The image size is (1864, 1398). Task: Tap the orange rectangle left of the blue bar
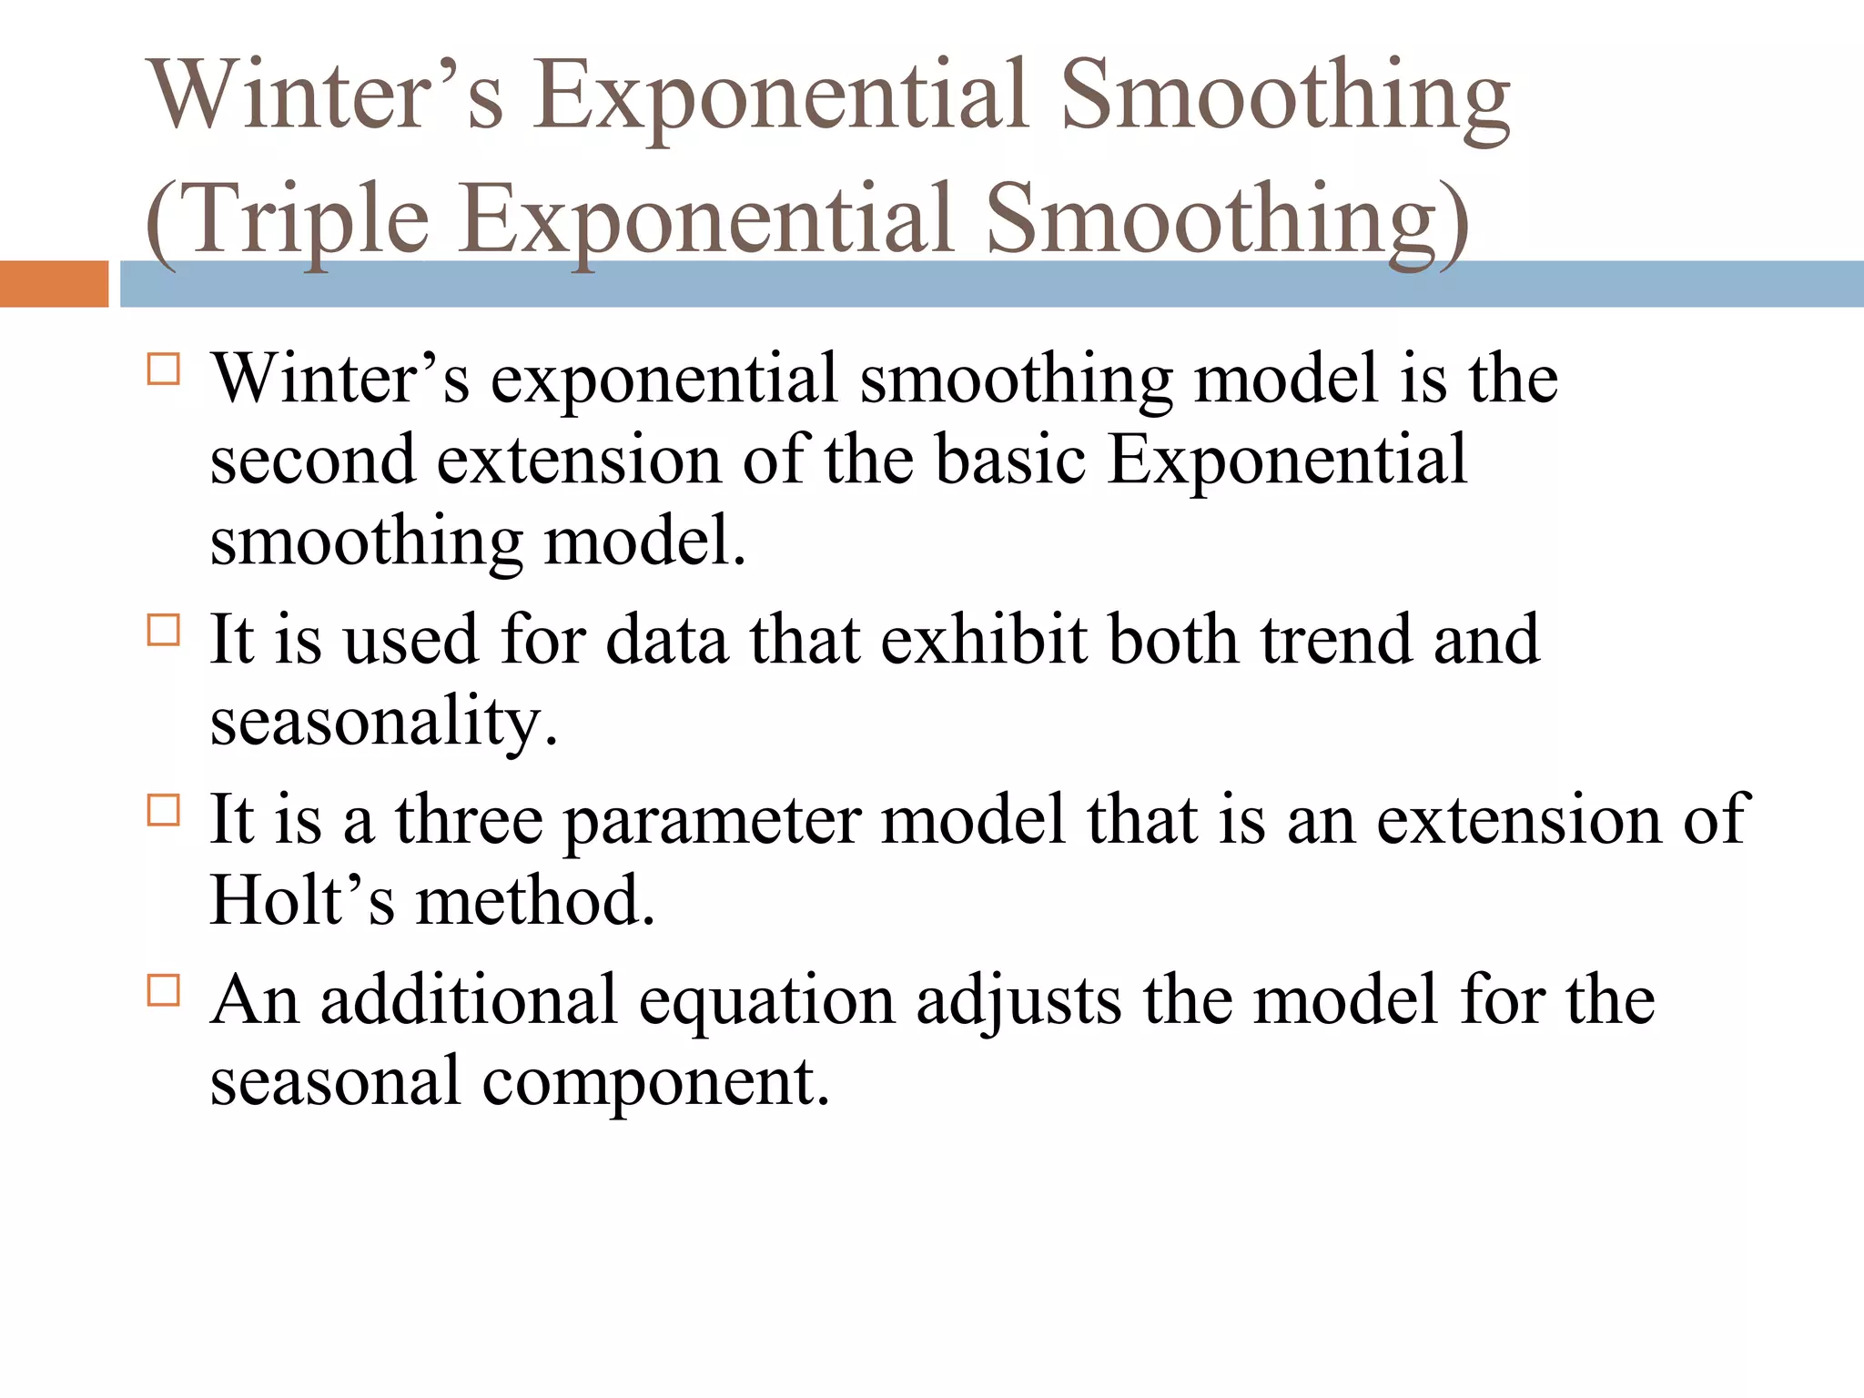tap(54, 284)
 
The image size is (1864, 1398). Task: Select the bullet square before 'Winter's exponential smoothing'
tap(164, 370)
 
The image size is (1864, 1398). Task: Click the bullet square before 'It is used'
tap(164, 630)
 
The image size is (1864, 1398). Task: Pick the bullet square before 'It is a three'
tap(164, 810)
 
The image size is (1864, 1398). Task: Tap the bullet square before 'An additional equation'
tap(164, 989)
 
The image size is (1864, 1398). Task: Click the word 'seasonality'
tap(383, 721)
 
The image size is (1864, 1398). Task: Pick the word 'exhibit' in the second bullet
tap(984, 640)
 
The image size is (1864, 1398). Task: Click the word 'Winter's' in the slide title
tap(328, 95)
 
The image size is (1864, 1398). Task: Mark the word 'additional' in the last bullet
tap(469, 999)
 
